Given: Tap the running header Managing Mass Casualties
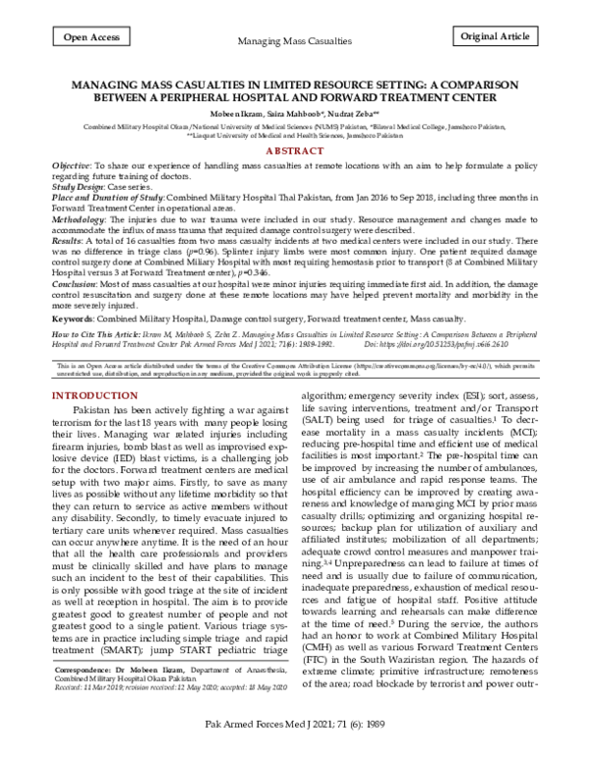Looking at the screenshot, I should tap(295, 42).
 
